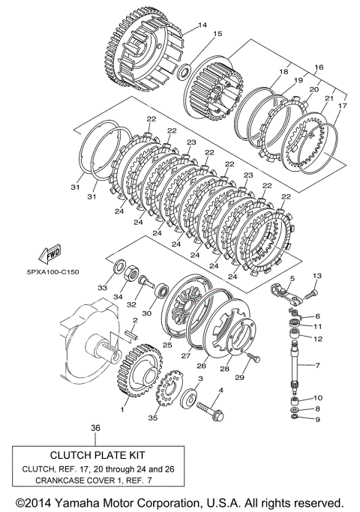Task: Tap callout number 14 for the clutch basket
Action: (x=202, y=25)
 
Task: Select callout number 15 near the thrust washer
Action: (x=217, y=34)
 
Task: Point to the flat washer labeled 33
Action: (x=118, y=266)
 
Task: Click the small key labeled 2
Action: (x=132, y=337)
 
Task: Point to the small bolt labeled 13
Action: (x=311, y=294)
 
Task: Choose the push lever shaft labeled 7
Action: (x=295, y=365)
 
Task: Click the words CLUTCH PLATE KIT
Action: (x=97, y=455)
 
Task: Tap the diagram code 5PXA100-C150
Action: (x=53, y=271)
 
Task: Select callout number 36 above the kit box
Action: (x=95, y=427)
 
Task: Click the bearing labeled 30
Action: (x=163, y=290)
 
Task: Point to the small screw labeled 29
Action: (x=253, y=357)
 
